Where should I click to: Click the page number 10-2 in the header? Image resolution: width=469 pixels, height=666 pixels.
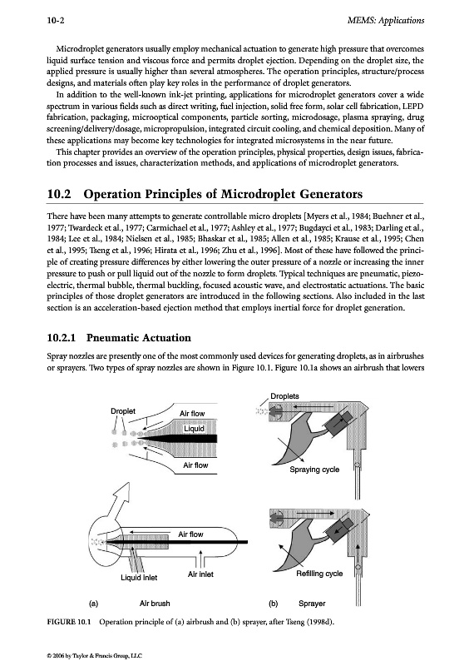56,20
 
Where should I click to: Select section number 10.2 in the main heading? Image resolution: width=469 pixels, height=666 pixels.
58,194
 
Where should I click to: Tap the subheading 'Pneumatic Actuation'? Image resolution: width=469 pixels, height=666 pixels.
138,338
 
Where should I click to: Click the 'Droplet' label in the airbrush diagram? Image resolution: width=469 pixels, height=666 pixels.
123,411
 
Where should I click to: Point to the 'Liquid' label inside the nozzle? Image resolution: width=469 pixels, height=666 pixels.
194,429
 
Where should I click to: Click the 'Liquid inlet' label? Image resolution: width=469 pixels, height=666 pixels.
139,578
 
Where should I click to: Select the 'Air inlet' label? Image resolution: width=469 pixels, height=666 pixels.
200,574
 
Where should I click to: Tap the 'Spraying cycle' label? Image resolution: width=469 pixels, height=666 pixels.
314,470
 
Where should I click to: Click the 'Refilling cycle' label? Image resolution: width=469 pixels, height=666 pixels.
319,574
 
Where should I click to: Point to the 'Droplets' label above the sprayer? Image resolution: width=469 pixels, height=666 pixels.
284,396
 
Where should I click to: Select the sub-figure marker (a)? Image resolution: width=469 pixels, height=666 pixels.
93,603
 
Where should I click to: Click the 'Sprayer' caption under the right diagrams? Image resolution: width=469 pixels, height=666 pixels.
312,604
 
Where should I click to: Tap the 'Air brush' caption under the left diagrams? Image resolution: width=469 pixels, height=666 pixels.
155,603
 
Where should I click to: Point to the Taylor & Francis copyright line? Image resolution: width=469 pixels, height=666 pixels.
94,656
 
